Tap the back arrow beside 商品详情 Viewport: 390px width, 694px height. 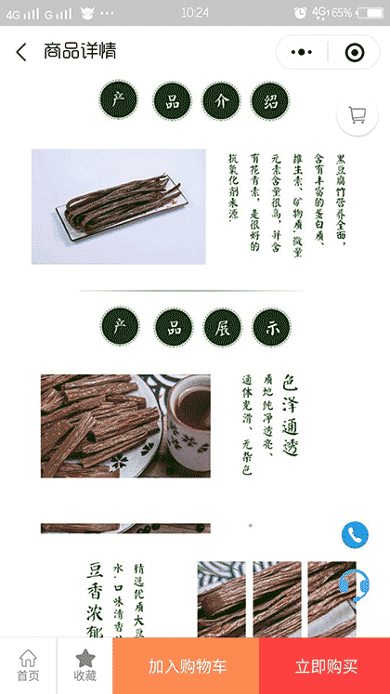(21, 52)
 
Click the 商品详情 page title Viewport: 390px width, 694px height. (80, 52)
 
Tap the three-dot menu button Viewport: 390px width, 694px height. (302, 52)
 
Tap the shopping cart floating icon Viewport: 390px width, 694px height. (357, 115)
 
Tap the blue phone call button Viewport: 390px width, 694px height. (355, 534)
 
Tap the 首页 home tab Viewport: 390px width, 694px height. (28, 665)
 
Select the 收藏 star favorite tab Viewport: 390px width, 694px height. (84, 665)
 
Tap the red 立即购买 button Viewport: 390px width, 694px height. (325, 666)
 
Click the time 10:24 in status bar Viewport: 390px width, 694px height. (195, 12)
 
